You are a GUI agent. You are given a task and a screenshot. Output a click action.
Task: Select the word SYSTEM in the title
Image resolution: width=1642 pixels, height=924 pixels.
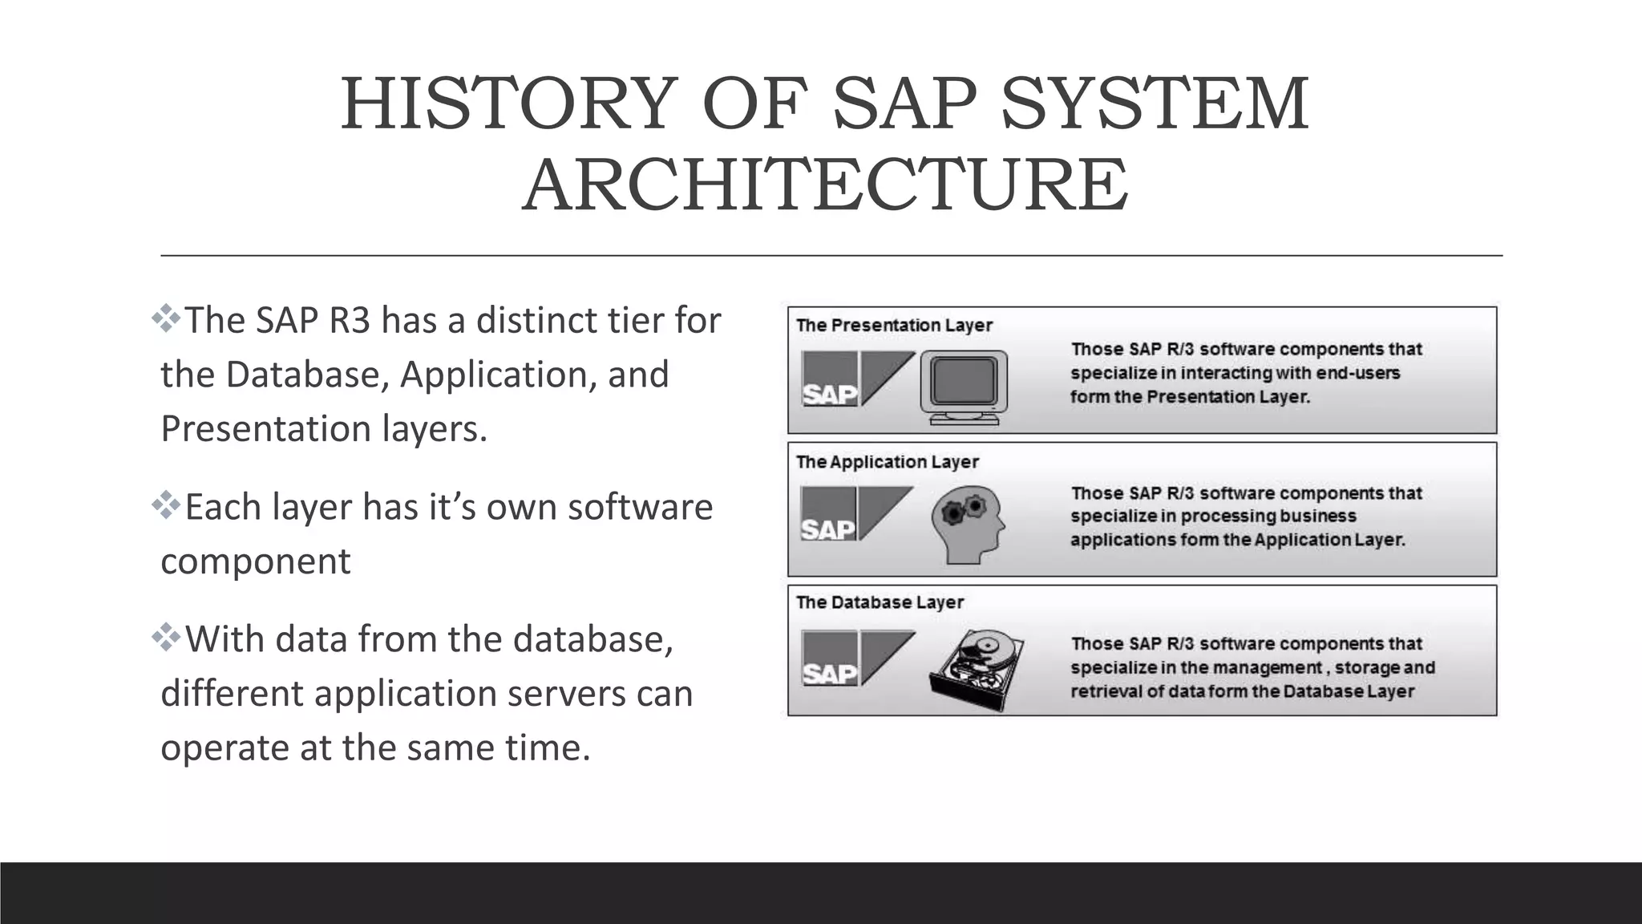pyautogui.click(x=1155, y=104)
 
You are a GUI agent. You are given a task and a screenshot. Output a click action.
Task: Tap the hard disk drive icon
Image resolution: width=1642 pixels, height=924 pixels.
pyautogui.click(x=977, y=669)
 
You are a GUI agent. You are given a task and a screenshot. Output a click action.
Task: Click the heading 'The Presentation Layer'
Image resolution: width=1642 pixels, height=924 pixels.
pyautogui.click(x=894, y=326)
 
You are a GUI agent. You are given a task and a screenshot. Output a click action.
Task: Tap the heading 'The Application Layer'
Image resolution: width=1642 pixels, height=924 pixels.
pyautogui.click(x=888, y=462)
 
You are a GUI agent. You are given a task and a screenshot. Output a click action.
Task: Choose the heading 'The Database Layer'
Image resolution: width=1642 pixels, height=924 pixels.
pyautogui.click(x=880, y=602)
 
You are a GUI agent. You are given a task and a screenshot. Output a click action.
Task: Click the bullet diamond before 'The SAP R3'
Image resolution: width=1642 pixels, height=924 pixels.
pyautogui.click(x=166, y=318)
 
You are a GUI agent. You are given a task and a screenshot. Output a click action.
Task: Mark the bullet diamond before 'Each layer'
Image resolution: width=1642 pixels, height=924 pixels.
pyautogui.click(x=166, y=505)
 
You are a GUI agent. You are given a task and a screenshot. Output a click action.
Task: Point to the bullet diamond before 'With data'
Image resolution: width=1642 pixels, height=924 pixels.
pyautogui.click(x=166, y=638)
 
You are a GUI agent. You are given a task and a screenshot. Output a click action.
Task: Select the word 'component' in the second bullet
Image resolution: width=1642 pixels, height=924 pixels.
pyautogui.click(x=256, y=561)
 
